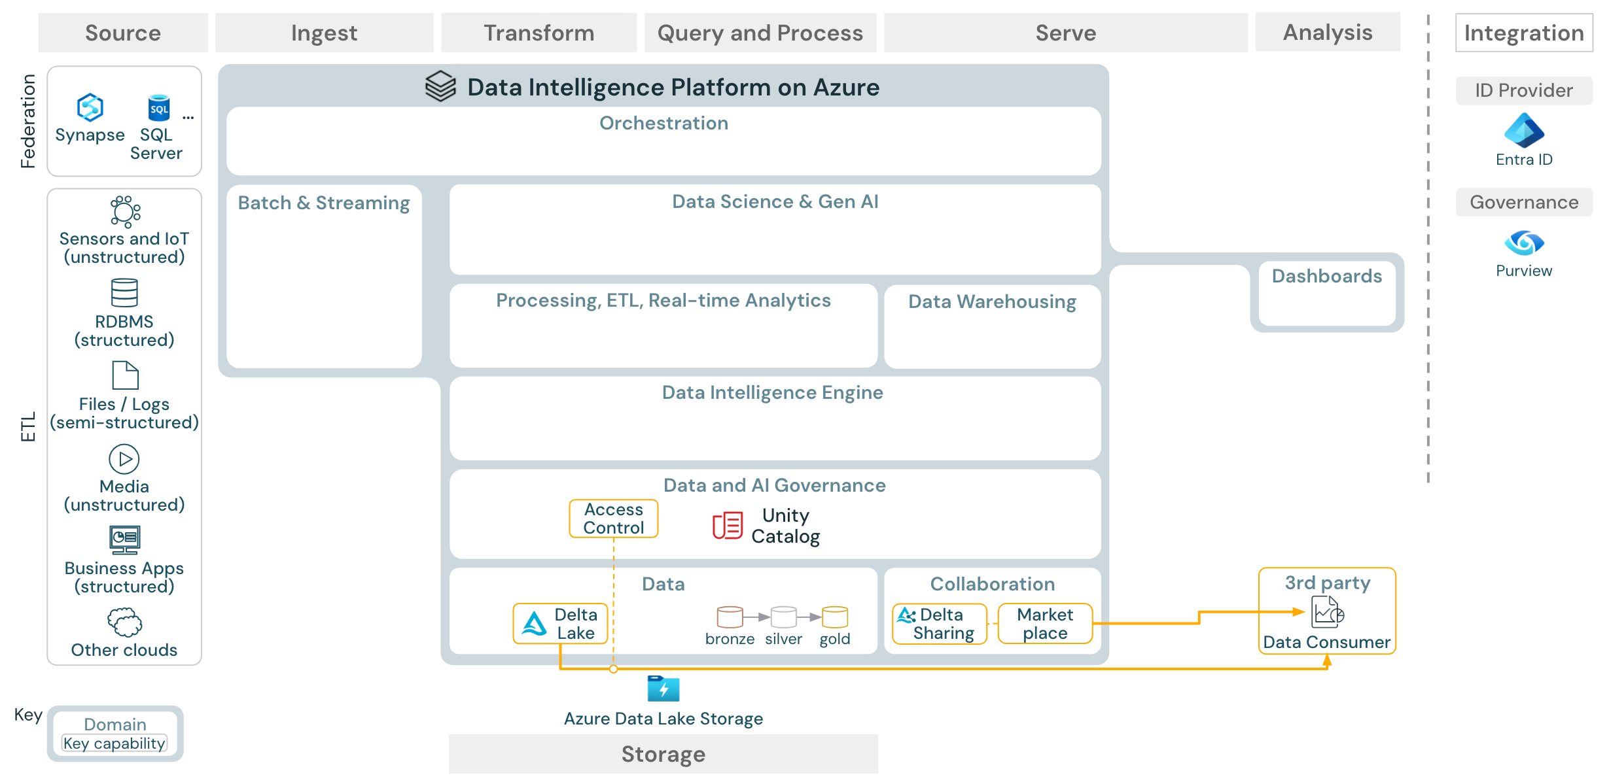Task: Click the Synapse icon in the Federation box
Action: point(90,107)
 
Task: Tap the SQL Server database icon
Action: point(158,108)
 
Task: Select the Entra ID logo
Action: point(1524,130)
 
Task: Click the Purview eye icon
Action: point(1524,243)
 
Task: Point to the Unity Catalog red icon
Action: point(727,525)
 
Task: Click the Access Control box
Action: point(613,519)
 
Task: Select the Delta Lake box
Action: point(560,624)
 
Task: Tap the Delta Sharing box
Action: point(939,624)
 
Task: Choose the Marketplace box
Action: point(1045,624)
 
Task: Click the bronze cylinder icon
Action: point(730,617)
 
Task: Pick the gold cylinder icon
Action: point(835,617)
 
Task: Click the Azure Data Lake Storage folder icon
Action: point(663,689)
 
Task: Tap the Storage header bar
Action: point(663,754)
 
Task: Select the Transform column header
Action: point(539,33)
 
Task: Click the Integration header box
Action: point(1523,33)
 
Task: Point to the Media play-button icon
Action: point(124,459)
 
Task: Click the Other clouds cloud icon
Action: point(124,622)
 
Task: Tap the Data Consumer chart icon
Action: point(1328,613)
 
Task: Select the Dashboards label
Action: point(1326,276)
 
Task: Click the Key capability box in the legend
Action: point(115,743)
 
